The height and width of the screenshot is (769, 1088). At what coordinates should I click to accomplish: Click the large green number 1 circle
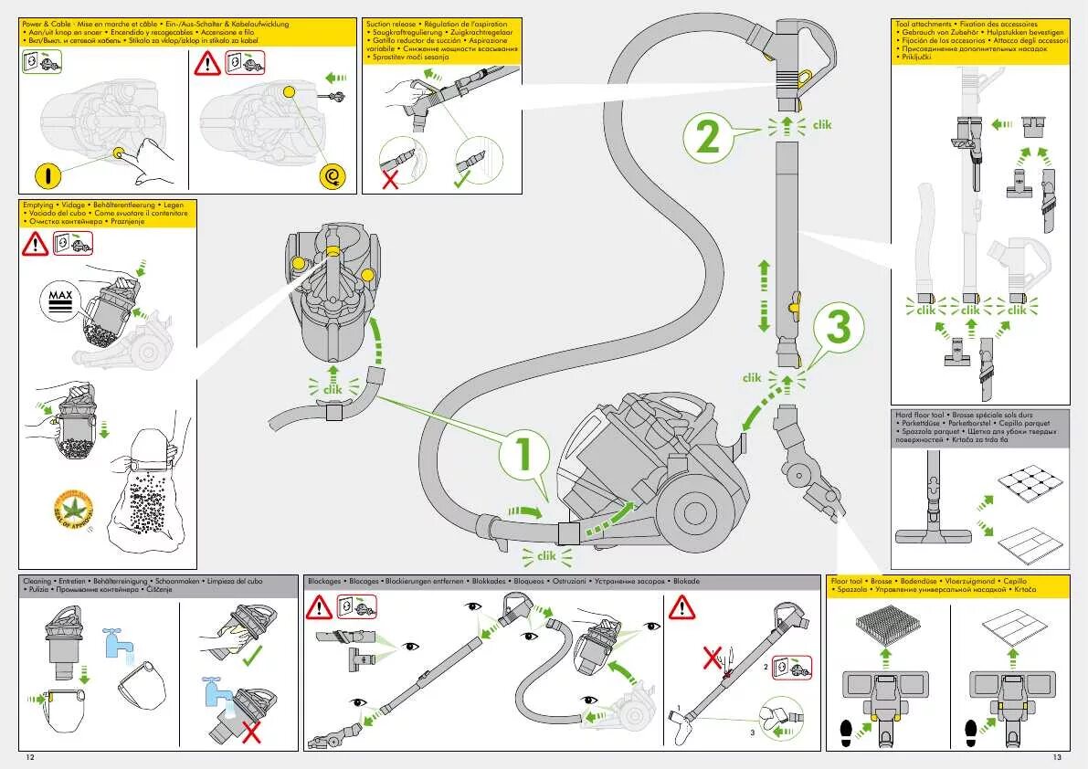[x=524, y=455]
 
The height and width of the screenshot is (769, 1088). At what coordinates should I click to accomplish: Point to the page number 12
[x=30, y=757]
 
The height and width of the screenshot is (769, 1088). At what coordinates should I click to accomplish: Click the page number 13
[x=1057, y=757]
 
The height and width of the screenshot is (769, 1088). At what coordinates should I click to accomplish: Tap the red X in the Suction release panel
[x=390, y=178]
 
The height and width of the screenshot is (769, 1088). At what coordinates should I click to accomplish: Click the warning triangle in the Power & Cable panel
[x=208, y=63]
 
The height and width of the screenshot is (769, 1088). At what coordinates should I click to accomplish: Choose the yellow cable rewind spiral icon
[x=329, y=175]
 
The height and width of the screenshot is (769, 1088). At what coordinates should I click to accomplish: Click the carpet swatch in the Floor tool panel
[x=883, y=628]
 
